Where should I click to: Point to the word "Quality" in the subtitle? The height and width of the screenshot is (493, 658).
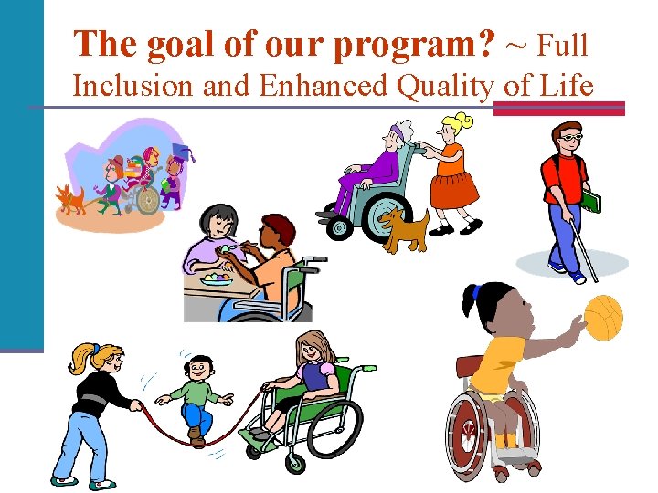point(444,86)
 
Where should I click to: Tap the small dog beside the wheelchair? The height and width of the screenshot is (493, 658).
point(405,228)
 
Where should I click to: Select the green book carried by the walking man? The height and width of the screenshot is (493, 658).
point(591,200)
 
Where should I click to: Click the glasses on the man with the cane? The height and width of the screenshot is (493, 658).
point(569,137)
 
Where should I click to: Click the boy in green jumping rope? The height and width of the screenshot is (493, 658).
point(194,397)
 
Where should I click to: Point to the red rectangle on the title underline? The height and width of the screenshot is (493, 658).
point(558,108)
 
